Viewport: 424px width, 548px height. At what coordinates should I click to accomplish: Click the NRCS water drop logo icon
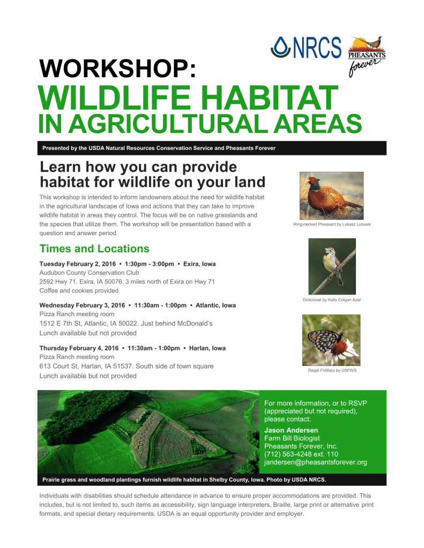(x=280, y=47)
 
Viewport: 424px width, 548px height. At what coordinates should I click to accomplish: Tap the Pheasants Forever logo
(x=367, y=56)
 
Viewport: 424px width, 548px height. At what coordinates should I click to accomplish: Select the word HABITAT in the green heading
(x=269, y=98)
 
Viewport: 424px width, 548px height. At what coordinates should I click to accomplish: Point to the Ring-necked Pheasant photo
(x=331, y=196)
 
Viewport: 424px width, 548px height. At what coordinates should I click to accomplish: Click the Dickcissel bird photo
(x=332, y=266)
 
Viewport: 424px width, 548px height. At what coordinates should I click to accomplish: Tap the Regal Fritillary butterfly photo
(x=331, y=340)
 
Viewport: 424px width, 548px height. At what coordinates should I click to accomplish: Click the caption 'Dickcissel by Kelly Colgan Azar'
(x=332, y=300)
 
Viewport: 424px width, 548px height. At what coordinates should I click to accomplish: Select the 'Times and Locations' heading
(x=94, y=249)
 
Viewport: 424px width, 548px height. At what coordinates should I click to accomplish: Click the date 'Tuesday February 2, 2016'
(x=78, y=264)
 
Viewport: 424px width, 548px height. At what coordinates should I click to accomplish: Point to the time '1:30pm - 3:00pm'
(x=150, y=264)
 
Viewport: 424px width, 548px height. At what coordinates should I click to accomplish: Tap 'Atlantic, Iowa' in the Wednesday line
(x=215, y=305)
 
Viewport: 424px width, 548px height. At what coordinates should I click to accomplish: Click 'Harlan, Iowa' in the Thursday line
(x=207, y=348)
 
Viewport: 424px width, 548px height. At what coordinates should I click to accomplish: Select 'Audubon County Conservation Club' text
(x=89, y=273)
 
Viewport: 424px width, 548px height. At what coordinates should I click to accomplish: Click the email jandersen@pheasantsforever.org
(x=316, y=462)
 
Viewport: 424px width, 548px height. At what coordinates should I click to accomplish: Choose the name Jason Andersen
(x=291, y=430)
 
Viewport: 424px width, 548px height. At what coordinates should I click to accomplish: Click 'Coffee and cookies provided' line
(x=79, y=290)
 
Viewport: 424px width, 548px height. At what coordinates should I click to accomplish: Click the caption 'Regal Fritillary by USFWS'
(x=332, y=371)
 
